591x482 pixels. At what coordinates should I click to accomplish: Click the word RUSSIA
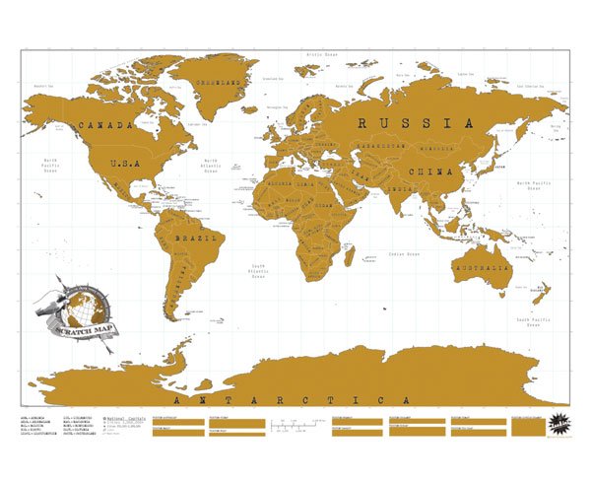tap(409, 123)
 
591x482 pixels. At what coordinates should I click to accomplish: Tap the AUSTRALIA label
tap(480, 267)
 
